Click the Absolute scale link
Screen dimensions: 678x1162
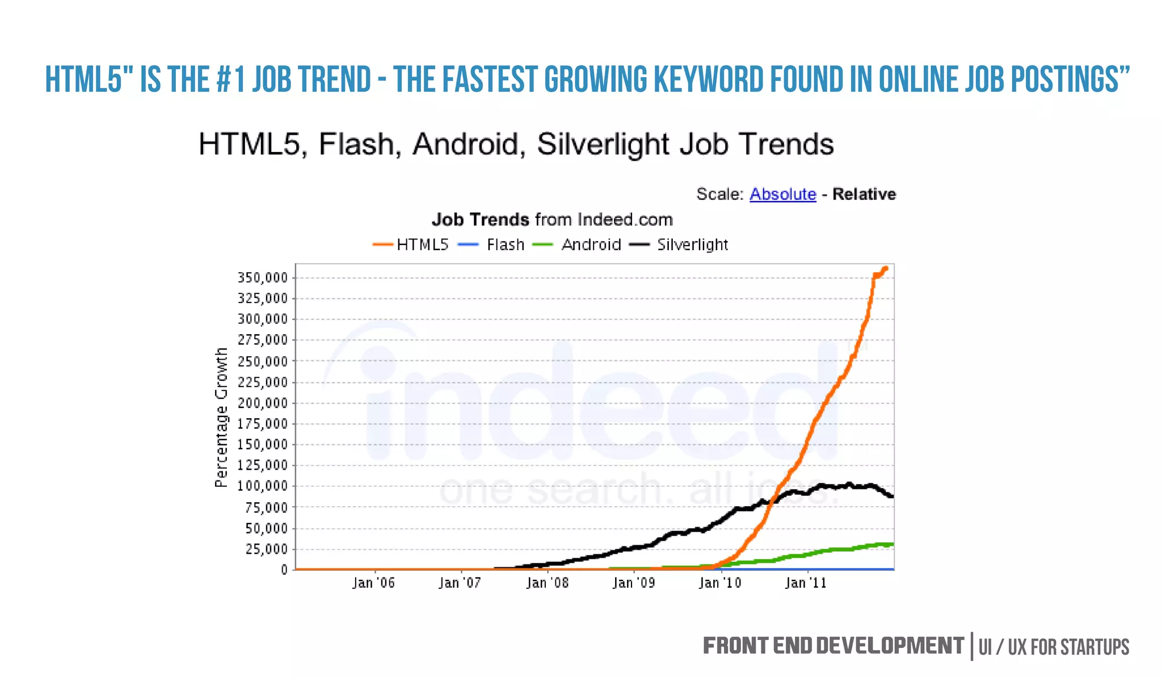782,195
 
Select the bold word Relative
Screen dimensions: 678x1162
864,195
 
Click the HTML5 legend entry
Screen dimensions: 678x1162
422,245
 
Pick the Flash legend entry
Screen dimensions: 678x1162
505,245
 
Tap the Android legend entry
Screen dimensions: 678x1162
591,245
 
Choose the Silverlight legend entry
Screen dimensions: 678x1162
692,245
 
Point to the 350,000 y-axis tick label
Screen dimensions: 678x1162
263,278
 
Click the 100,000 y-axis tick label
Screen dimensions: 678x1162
263,486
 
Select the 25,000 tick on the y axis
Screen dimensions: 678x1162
266,549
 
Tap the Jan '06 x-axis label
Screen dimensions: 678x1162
373,583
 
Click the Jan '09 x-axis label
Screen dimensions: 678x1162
634,583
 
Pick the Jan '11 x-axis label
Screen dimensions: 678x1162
806,583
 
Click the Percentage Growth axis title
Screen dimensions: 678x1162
221,418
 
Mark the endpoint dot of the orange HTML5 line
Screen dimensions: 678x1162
886,269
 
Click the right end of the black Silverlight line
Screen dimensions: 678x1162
892,496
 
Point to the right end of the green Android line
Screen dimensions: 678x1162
892,545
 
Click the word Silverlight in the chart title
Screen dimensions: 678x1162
603,145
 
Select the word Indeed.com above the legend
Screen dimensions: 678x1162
625,220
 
